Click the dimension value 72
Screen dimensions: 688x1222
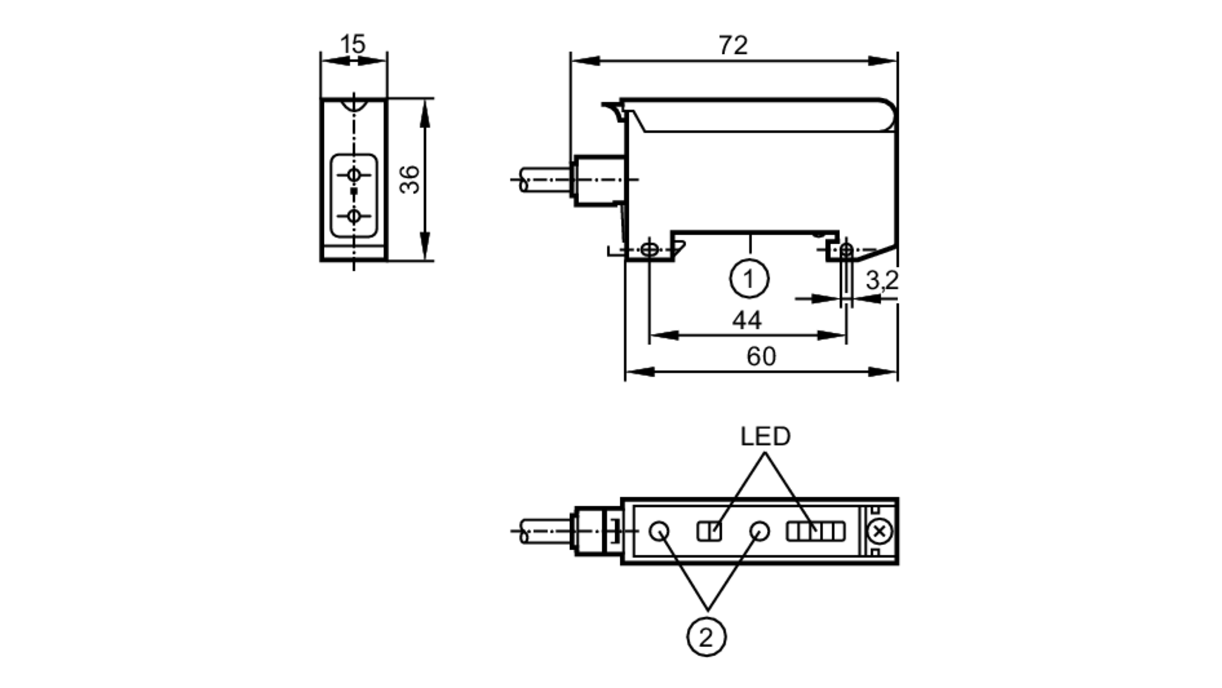pyautogui.click(x=733, y=45)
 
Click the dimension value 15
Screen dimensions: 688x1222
pyautogui.click(x=353, y=44)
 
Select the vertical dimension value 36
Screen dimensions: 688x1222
pyautogui.click(x=410, y=179)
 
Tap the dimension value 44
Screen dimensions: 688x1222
pyautogui.click(x=747, y=320)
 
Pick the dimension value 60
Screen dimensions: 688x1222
pyautogui.click(x=761, y=357)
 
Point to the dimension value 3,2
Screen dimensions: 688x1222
pyautogui.click(x=882, y=280)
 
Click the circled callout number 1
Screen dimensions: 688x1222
pyautogui.click(x=749, y=279)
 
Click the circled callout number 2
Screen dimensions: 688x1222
pyautogui.click(x=706, y=637)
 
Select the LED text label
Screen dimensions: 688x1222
pyautogui.click(x=765, y=436)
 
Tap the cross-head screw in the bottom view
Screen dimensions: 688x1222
pyautogui.click(x=879, y=531)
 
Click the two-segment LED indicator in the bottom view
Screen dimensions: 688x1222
pyautogui.click(x=709, y=531)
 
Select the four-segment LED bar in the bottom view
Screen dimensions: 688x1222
pyautogui.click(x=815, y=531)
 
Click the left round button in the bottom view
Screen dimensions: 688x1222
pyautogui.click(x=659, y=531)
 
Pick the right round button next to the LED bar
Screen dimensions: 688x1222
pyautogui.click(x=759, y=530)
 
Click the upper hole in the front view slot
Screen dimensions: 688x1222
pyautogui.click(x=354, y=175)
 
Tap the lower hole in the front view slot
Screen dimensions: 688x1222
pyautogui.click(x=354, y=216)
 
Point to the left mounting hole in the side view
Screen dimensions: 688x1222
pyautogui.click(x=649, y=250)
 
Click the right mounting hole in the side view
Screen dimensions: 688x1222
pyautogui.click(x=846, y=250)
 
